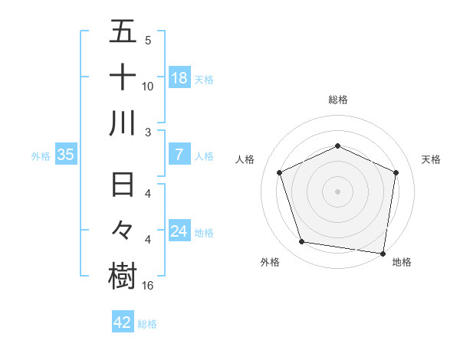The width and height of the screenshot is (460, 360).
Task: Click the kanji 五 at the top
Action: tap(123, 33)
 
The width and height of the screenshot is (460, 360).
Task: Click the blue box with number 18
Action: tap(179, 78)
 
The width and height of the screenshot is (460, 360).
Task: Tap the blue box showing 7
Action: tap(179, 155)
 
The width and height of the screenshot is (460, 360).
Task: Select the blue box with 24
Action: tap(179, 231)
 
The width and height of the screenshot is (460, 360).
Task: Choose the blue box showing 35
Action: tap(66, 155)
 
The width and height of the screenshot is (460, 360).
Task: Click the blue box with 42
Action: tap(123, 322)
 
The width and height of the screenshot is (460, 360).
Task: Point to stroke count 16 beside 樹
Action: tap(148, 286)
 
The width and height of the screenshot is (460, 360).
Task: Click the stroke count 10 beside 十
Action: tap(148, 86)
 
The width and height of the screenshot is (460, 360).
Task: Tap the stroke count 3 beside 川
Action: tap(147, 132)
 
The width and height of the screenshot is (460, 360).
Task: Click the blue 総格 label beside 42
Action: tap(148, 324)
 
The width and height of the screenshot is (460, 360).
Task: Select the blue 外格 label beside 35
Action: tap(41, 156)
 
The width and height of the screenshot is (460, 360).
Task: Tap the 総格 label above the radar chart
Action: tap(337, 100)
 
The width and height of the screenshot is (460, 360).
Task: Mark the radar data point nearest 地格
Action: tap(383, 253)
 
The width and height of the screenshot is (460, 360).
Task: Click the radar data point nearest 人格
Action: tap(280, 172)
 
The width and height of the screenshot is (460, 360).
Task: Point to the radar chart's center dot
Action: tap(337, 191)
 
